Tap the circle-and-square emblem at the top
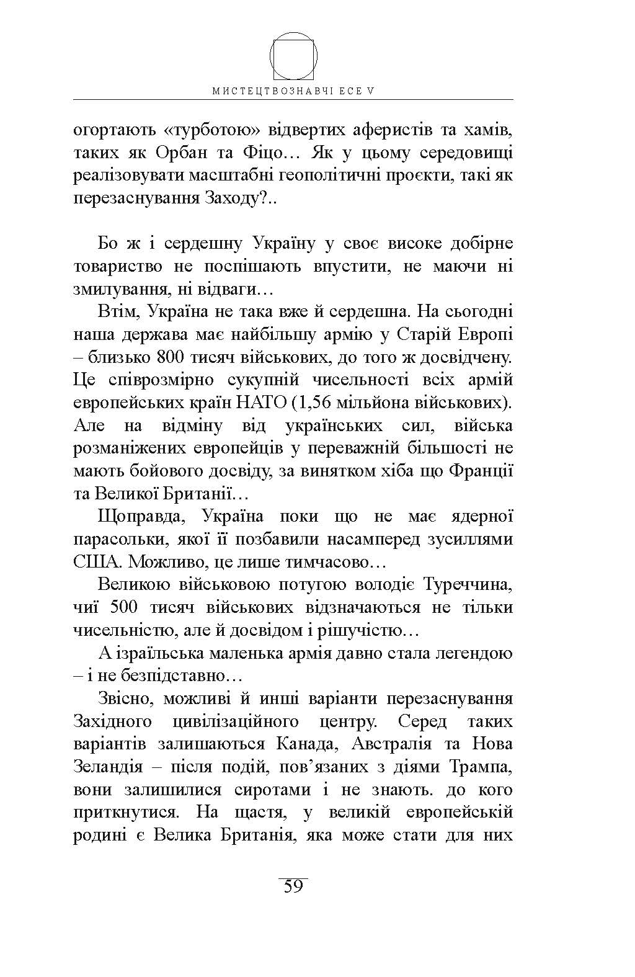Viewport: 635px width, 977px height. [293, 56]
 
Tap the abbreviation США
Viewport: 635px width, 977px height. [94, 563]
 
